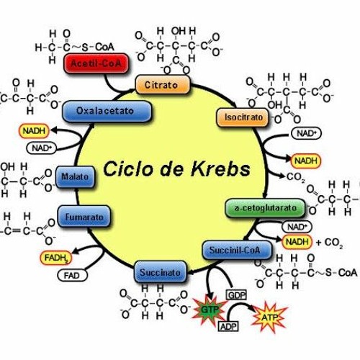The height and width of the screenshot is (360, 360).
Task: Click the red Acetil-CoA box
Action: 93,63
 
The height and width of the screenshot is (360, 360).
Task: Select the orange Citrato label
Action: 162,85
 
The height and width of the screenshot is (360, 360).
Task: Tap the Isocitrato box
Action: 238,116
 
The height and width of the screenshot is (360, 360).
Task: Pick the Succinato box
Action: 162,273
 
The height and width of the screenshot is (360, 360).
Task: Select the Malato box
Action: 74,176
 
